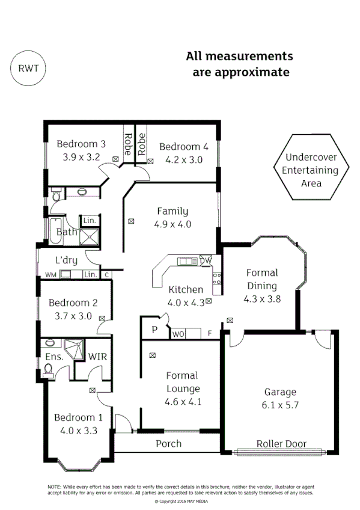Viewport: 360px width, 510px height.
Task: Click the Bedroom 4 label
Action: point(183,147)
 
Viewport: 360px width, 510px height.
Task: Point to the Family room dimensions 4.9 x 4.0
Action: point(172,224)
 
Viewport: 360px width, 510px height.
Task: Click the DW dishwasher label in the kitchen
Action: point(206,260)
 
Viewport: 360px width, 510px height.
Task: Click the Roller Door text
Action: point(281,444)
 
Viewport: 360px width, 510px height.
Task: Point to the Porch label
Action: point(168,444)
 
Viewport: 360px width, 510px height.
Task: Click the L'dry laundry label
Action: point(66,260)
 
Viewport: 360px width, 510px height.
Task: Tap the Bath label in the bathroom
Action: point(64,232)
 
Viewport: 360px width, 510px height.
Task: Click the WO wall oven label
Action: point(178,333)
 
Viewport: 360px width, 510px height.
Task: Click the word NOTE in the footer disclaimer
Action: point(55,486)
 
